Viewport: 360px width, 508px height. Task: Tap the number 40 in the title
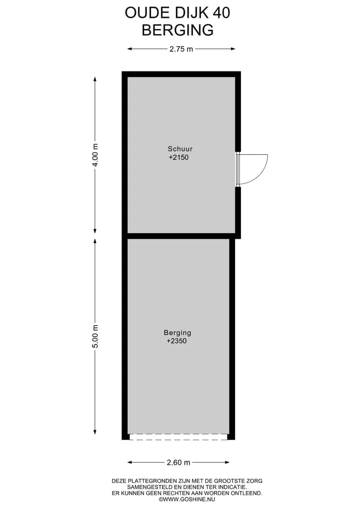pos(221,13)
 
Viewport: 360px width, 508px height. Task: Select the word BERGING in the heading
pos(177,30)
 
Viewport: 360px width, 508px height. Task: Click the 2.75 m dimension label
pos(181,49)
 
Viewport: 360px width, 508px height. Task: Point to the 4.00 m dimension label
pos(95,155)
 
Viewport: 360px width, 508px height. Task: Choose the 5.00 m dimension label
pos(95,336)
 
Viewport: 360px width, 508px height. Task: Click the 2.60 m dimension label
pos(178,463)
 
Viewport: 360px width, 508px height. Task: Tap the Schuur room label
pos(180,149)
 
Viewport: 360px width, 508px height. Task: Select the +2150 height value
pos(178,157)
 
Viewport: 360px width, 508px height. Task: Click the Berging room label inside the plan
pos(177,332)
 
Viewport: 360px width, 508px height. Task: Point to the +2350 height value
pos(176,341)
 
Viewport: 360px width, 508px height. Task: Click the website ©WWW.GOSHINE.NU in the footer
pos(187,499)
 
